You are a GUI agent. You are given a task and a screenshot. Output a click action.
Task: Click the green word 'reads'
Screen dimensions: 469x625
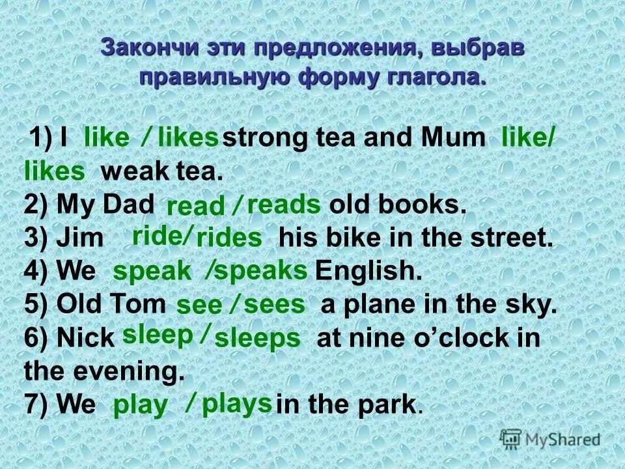285,205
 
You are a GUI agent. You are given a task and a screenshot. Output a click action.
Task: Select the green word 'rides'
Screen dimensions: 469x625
229,238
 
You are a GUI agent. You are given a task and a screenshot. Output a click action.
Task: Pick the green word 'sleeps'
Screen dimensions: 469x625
258,339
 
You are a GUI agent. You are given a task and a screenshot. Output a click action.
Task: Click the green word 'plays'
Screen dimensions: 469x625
236,404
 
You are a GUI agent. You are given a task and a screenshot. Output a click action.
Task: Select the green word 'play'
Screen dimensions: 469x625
140,406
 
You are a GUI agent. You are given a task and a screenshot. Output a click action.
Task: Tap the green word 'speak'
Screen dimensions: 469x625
152,272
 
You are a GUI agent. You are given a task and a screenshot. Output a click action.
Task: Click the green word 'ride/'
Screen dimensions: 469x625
162,235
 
